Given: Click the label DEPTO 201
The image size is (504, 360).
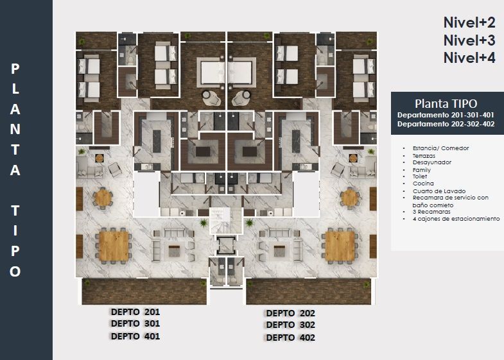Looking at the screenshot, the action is [x=135, y=312].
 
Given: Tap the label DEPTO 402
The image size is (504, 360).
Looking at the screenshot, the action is [x=291, y=338].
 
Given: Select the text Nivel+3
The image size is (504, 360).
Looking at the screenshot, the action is [x=469, y=40].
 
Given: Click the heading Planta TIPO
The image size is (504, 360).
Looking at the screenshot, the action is [x=446, y=104].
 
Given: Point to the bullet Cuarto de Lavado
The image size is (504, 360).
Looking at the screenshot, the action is [x=439, y=191].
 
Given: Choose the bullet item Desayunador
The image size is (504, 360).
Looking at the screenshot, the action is [x=432, y=162].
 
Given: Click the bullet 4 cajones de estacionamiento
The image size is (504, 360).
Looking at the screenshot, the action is [x=456, y=219].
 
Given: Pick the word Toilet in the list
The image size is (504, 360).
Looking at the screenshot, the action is [x=420, y=176].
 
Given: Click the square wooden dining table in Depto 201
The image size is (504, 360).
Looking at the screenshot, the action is [x=114, y=246].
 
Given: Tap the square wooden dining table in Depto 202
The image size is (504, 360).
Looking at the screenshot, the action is [x=340, y=246].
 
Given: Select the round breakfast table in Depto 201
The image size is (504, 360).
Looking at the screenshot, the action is [x=103, y=198].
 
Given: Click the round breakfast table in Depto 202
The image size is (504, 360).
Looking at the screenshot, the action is [x=350, y=198].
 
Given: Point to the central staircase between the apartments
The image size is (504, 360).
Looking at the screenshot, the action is [x=225, y=220].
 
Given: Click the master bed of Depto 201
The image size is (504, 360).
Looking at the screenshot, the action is [x=211, y=72].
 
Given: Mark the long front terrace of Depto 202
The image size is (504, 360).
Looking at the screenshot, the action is [x=308, y=291].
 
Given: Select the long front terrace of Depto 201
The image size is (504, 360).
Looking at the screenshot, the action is [x=144, y=291].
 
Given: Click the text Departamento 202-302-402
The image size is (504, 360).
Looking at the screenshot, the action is [x=446, y=124].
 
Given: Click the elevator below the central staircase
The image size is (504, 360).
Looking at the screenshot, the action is [x=226, y=246].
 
